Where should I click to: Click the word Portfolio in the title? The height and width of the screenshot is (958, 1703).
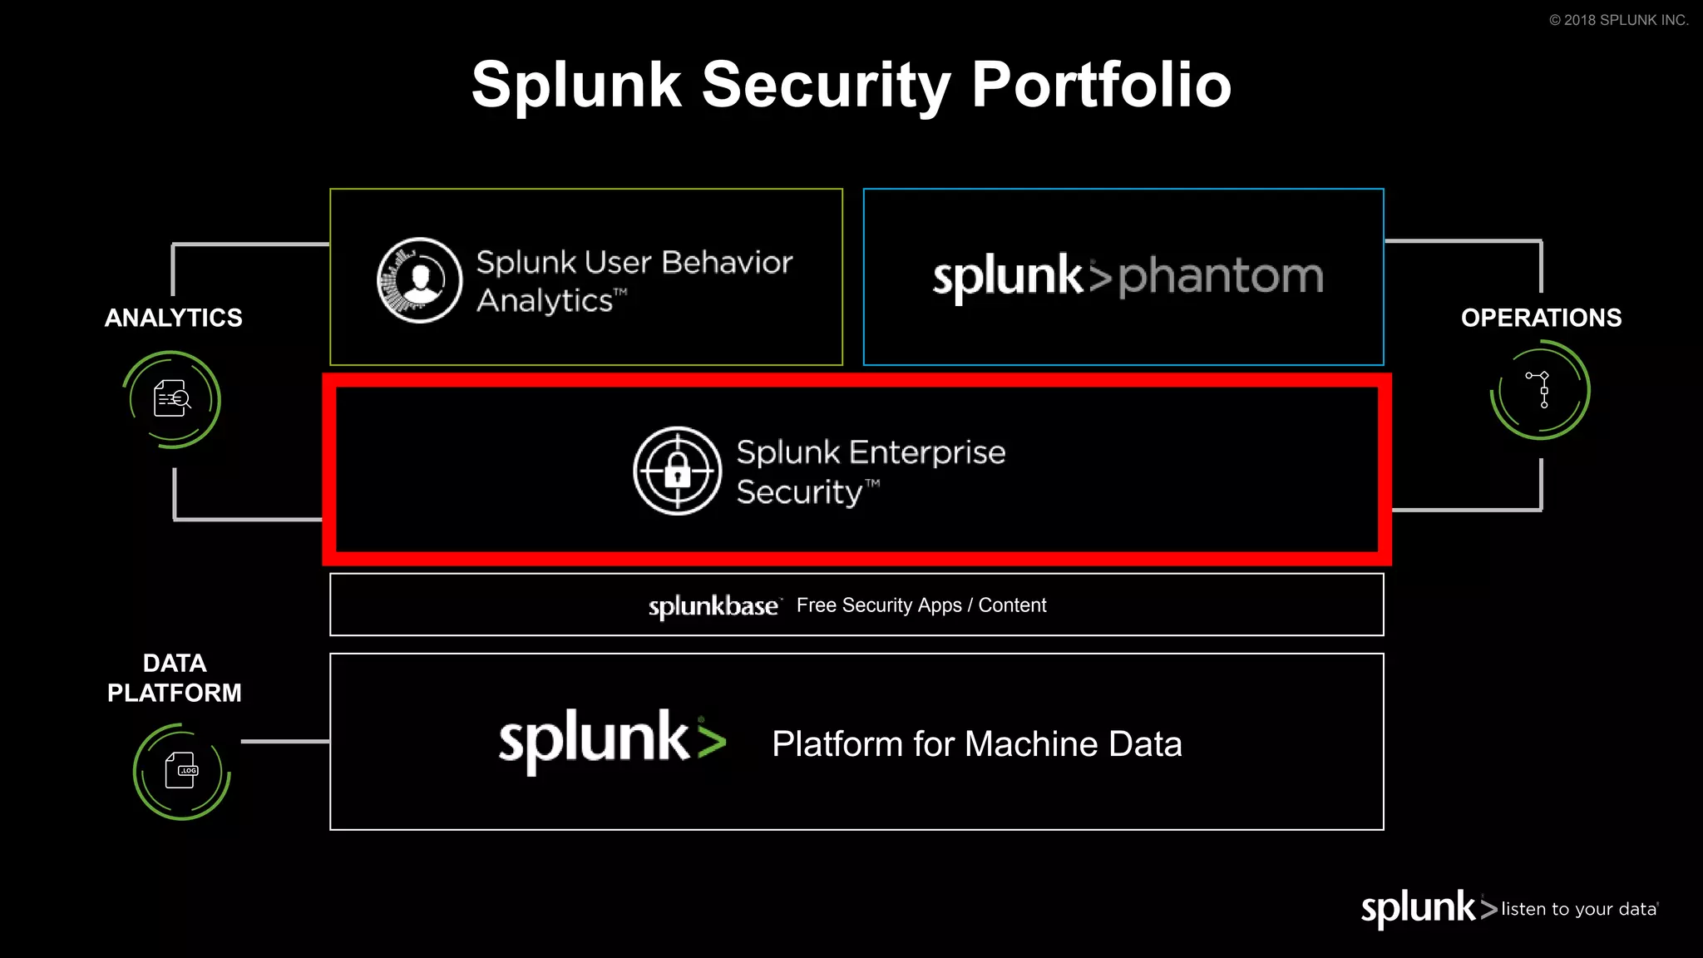(1101, 85)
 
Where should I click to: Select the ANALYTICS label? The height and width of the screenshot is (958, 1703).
(173, 318)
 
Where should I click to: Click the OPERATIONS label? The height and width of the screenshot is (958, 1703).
(1541, 318)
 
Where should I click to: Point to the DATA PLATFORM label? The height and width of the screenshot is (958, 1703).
(174, 678)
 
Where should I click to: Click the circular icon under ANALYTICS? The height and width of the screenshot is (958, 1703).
(172, 399)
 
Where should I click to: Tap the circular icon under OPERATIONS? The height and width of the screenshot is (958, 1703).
(1540, 390)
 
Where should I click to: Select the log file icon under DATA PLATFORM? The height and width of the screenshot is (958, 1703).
(181, 771)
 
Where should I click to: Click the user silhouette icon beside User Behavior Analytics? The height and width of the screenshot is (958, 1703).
(420, 280)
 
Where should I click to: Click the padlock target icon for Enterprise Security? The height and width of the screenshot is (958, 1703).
(677, 472)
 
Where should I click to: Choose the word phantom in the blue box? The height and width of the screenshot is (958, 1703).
(1221, 276)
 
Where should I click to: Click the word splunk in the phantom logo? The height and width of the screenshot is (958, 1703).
(1007, 276)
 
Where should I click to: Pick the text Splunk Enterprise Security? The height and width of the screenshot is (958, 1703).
(870, 472)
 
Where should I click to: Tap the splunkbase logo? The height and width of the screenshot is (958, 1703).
(713, 606)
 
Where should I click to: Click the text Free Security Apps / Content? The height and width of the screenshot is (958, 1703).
(921, 605)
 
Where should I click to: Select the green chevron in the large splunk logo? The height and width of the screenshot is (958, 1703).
(712, 740)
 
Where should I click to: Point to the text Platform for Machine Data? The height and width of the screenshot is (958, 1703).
(976, 743)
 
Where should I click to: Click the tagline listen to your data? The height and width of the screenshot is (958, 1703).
(1578, 909)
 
